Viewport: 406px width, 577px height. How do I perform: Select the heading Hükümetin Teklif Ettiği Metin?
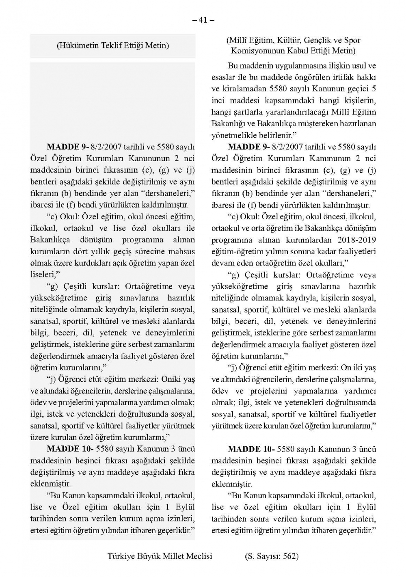click(x=112, y=45)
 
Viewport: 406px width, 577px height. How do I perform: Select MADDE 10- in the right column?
click(x=251, y=449)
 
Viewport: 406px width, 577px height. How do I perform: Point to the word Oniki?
click(x=171, y=379)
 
